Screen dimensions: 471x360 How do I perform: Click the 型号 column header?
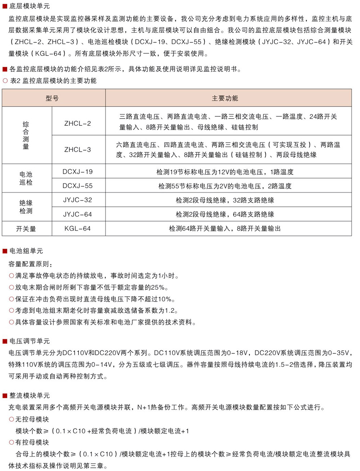tap(52, 98)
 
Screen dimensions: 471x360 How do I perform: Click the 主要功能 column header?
tap(225, 98)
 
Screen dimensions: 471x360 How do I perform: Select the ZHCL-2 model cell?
tap(78, 124)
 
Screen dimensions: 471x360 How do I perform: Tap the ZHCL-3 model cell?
tap(78, 150)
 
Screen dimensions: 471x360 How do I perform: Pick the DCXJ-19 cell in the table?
tap(78, 172)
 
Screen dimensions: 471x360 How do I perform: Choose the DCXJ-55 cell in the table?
tap(78, 186)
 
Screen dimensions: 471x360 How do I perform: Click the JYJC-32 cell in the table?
tap(78, 200)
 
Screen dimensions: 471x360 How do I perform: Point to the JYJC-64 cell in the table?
tap(78, 214)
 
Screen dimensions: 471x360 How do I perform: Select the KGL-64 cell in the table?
tap(78, 228)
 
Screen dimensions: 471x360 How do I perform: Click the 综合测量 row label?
tap(26, 135)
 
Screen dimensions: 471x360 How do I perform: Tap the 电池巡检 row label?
tap(26, 178)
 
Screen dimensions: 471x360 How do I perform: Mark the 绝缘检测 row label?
tap(26, 207)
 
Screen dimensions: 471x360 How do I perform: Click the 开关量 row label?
tap(26, 229)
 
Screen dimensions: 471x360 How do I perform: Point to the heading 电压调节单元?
tap(30, 341)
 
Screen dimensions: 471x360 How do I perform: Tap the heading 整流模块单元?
tap(30, 396)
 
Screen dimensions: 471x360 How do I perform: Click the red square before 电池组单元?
tap(5, 251)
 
